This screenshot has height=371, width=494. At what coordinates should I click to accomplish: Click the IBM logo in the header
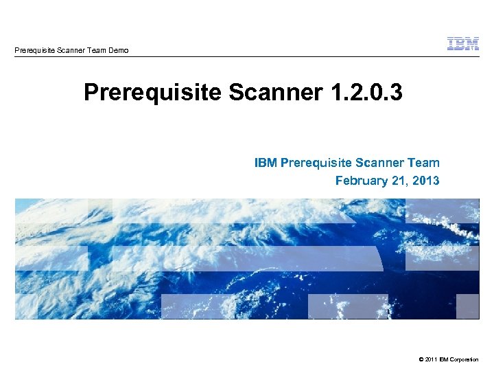[x=463, y=44]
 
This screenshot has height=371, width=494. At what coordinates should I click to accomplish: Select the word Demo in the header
[x=117, y=50]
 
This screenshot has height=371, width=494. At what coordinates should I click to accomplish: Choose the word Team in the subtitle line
[x=424, y=163]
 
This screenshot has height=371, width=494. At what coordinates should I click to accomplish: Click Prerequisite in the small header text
[x=35, y=50]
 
